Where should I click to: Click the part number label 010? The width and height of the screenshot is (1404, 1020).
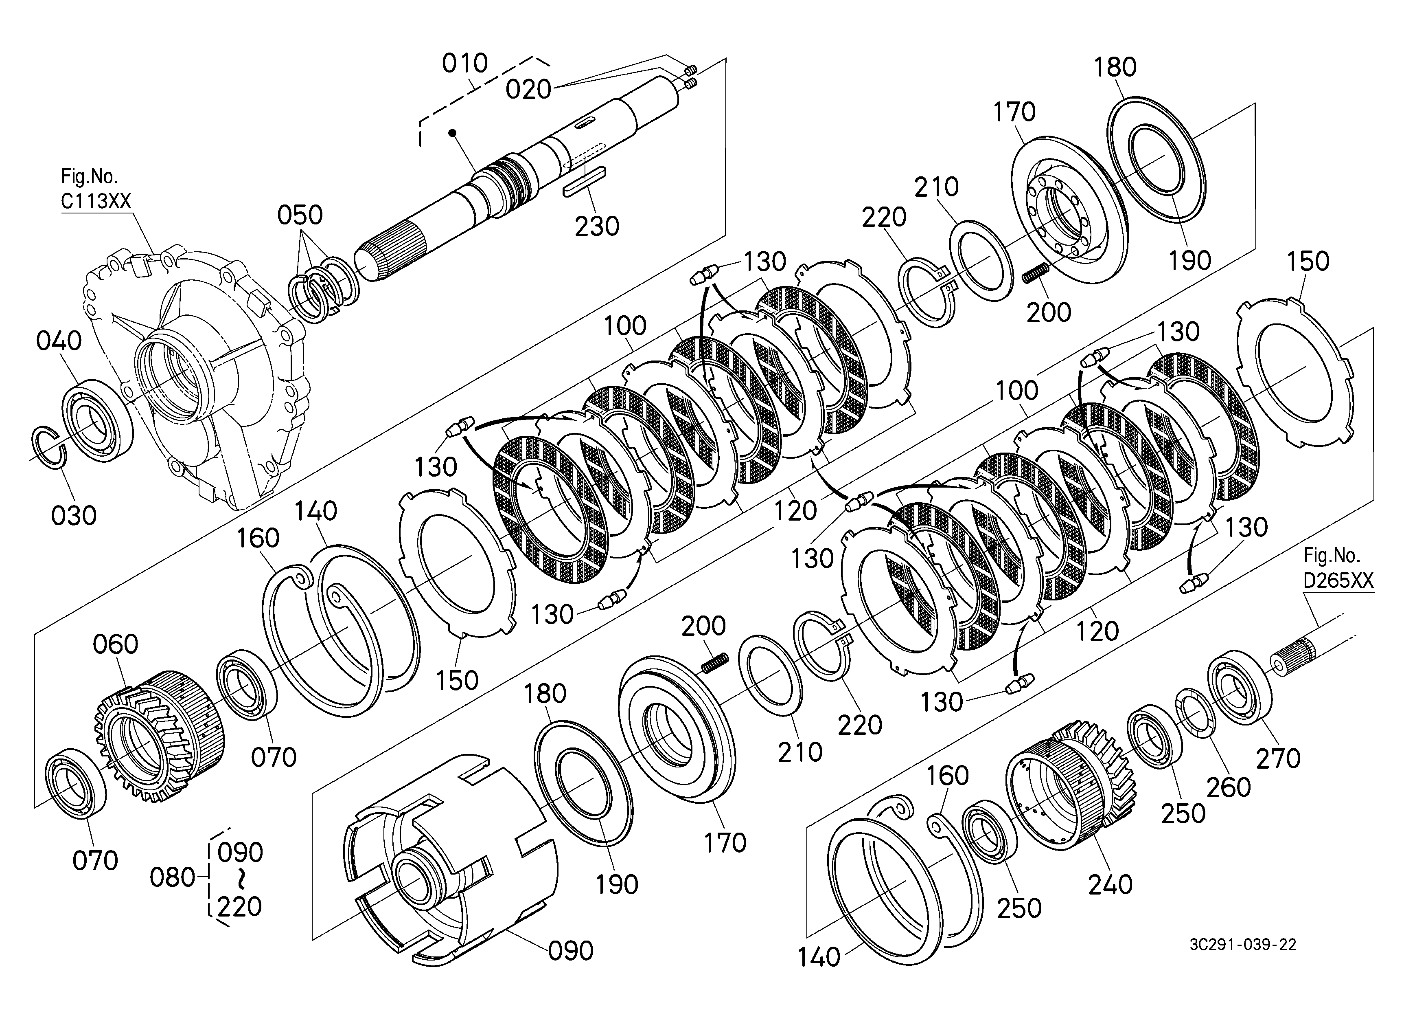[465, 64]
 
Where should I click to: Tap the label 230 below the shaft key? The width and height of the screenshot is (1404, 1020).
[597, 226]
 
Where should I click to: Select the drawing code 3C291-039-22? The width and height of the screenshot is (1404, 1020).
[1242, 945]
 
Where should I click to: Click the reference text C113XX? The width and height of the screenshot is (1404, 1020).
[96, 201]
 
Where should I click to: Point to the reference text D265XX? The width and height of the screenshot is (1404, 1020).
[1338, 580]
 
